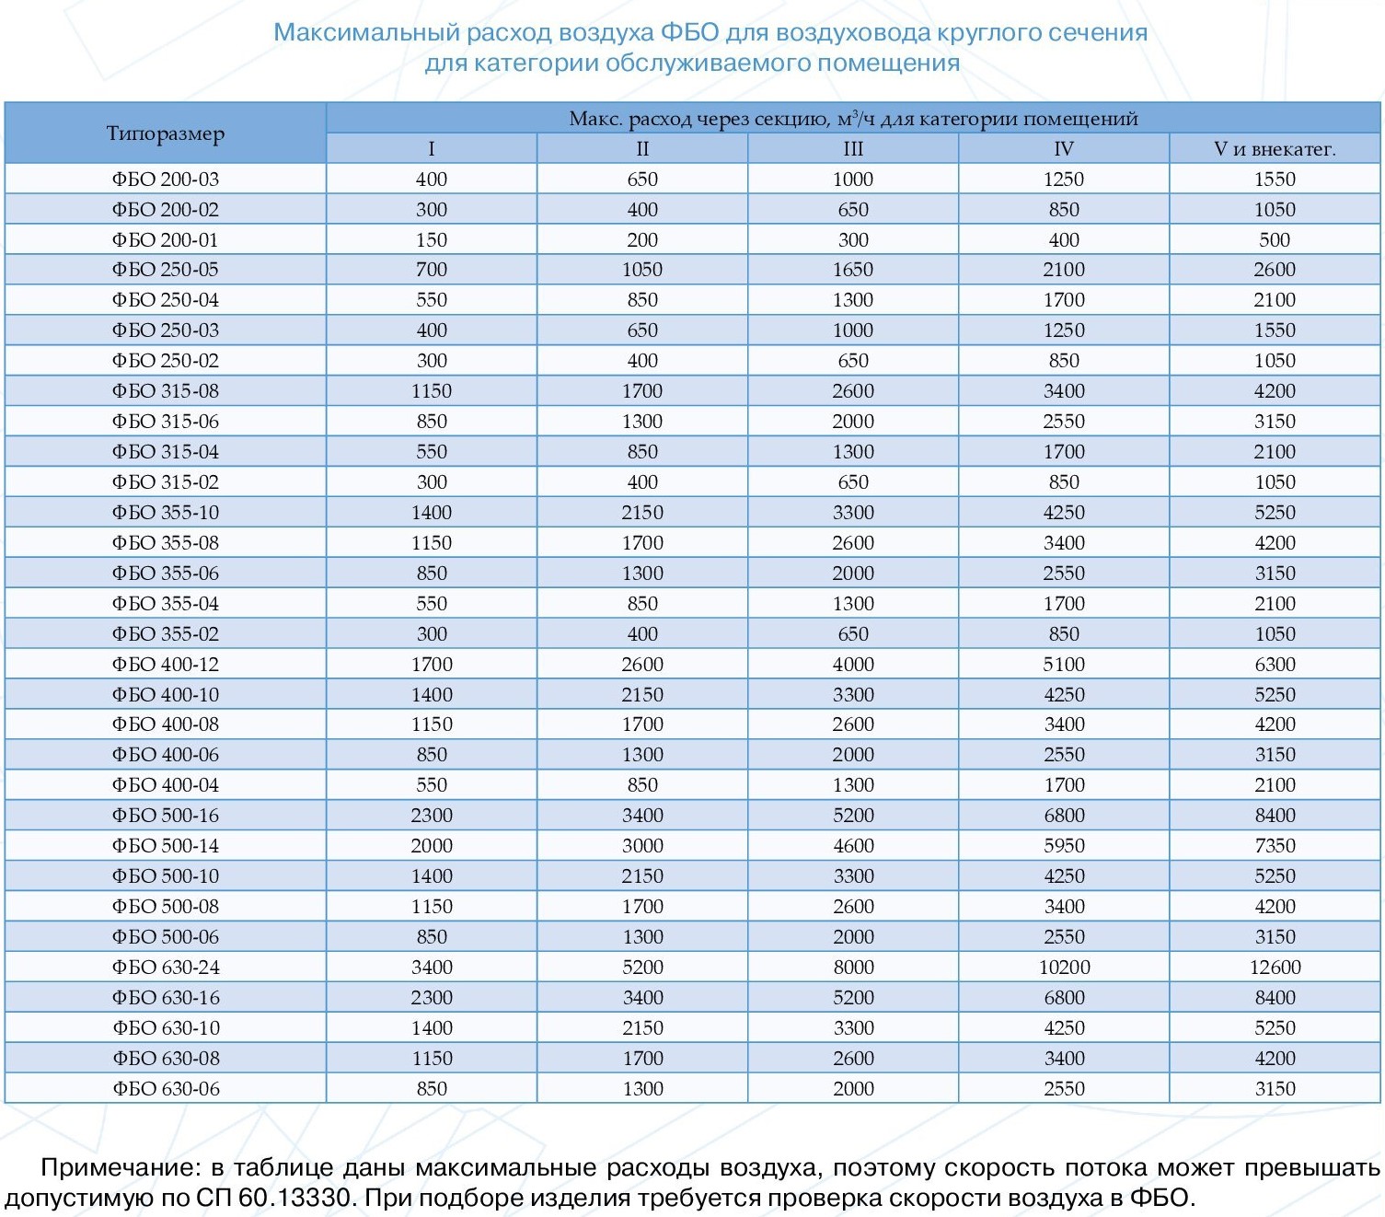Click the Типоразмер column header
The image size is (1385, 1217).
166,133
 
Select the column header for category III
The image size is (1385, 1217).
853,148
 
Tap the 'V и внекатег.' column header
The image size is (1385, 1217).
1275,148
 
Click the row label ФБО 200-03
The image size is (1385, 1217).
166,180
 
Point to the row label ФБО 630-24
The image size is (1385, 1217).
166,968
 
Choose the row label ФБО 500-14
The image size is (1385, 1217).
166,845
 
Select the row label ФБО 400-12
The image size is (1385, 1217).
166,665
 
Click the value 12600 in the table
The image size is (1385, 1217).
1275,968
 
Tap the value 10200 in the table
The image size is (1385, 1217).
1065,968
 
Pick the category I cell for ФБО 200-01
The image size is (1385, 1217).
432,240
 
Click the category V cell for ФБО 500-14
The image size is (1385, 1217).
1275,845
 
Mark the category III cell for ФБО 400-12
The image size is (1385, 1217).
853,665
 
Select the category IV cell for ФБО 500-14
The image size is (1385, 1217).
1065,845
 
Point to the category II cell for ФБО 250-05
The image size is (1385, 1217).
642,270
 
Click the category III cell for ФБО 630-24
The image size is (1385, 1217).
853,968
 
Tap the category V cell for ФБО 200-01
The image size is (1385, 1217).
1275,240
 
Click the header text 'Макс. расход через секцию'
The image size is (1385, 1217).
698,119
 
